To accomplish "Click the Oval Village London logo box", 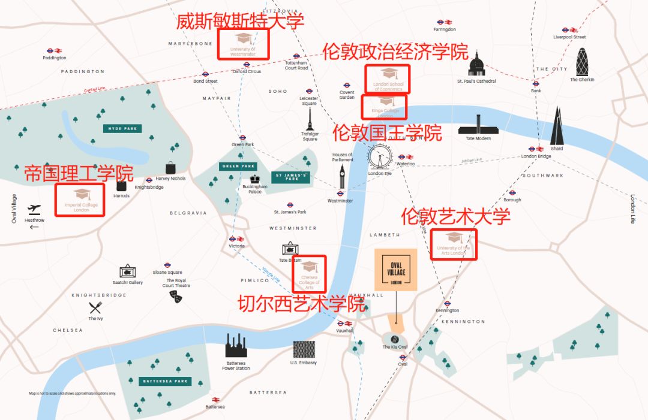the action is pos(396,270).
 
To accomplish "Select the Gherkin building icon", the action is pos(583,62).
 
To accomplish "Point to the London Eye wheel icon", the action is pos(379,158).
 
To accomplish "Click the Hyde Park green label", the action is pos(122,128).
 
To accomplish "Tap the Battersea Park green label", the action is pos(165,381).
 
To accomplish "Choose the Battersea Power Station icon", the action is pos(236,346).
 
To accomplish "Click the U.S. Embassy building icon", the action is pos(304,349).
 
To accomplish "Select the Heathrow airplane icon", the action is pos(35,209).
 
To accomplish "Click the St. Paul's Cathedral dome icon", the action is pos(477,65).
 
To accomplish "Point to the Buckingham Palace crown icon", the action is pos(255,179).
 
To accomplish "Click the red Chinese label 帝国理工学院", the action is pos(79,174).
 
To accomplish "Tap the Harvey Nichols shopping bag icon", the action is pos(171,168).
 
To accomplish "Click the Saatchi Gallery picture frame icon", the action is pos(127,271).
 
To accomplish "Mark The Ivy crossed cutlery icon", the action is pos(95,308).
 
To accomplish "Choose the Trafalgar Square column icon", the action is pos(310,119).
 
